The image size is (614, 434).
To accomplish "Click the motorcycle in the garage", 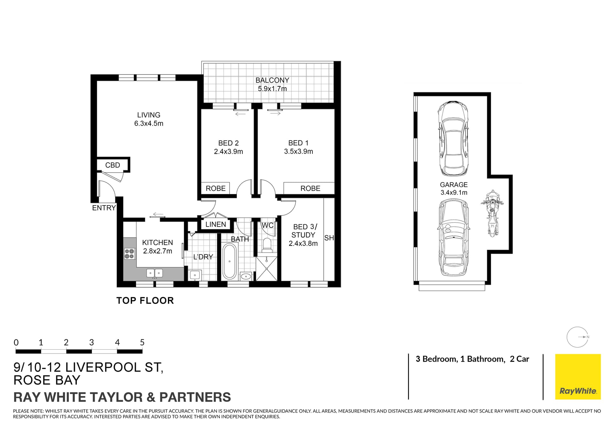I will coord(492,213).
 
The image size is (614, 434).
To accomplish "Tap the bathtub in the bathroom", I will coord(229,261).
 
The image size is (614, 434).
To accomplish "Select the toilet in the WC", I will coord(266,244).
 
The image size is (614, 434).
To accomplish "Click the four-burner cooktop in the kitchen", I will coord(129,254).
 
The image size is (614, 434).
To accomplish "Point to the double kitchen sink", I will coord(154,273).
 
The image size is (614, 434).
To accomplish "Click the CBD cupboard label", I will coord(113,165).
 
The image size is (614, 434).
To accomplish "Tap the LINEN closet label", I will coord(216,224).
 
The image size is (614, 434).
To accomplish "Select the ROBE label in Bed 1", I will coord(310,188).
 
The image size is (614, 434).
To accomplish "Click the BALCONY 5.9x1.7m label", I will coord(272,84).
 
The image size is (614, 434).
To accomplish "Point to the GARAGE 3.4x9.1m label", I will coord(453,189).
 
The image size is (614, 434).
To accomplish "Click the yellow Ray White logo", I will coord(578,376).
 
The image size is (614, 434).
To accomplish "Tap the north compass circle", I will coord(577,337).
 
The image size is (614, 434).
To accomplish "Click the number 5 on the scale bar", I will coord(142,343).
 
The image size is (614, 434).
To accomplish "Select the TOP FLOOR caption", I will coord(145,300).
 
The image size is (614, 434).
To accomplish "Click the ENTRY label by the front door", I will coord(104,208).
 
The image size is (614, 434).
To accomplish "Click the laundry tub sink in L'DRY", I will coord(194,275).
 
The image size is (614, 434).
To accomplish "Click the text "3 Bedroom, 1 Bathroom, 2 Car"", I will coord(472,359).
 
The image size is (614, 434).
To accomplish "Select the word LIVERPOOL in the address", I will coord(103,368).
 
